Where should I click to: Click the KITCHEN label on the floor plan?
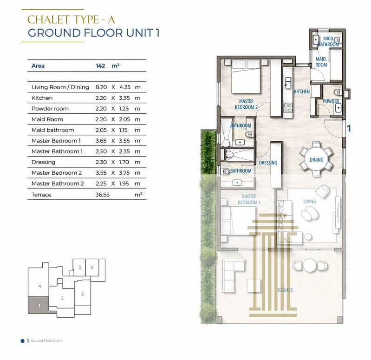point(302,92)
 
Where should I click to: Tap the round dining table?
point(316,160)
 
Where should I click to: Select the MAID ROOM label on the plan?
point(321,62)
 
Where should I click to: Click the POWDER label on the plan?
point(331,101)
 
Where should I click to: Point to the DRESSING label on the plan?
point(268,163)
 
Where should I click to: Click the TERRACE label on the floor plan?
point(285,290)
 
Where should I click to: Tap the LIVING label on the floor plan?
point(310,202)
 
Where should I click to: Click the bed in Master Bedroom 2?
point(246,77)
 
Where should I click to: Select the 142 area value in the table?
point(100,66)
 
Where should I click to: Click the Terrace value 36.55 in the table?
point(103,195)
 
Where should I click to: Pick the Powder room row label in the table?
point(50,109)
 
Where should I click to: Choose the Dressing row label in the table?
point(43,162)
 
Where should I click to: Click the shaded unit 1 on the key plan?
point(39,305)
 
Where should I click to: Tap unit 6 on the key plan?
point(92,267)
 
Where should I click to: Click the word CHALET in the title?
point(48,20)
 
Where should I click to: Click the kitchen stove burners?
point(288,108)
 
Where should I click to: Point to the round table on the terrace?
point(310,265)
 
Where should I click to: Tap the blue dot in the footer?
point(22,341)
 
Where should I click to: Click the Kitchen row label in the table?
point(42,98)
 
